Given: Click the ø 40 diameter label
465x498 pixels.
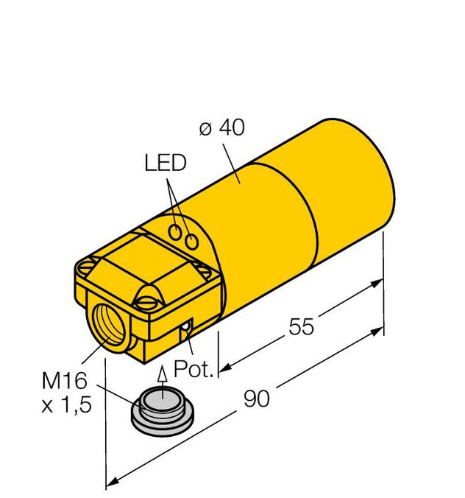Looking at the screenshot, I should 221,127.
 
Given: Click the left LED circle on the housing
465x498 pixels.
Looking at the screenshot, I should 177,232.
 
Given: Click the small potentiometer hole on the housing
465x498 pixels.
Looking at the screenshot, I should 188,326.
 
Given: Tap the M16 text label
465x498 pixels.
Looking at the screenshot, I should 64,381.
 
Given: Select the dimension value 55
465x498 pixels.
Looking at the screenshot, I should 301,327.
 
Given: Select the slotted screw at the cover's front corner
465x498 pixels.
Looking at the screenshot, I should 145,301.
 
